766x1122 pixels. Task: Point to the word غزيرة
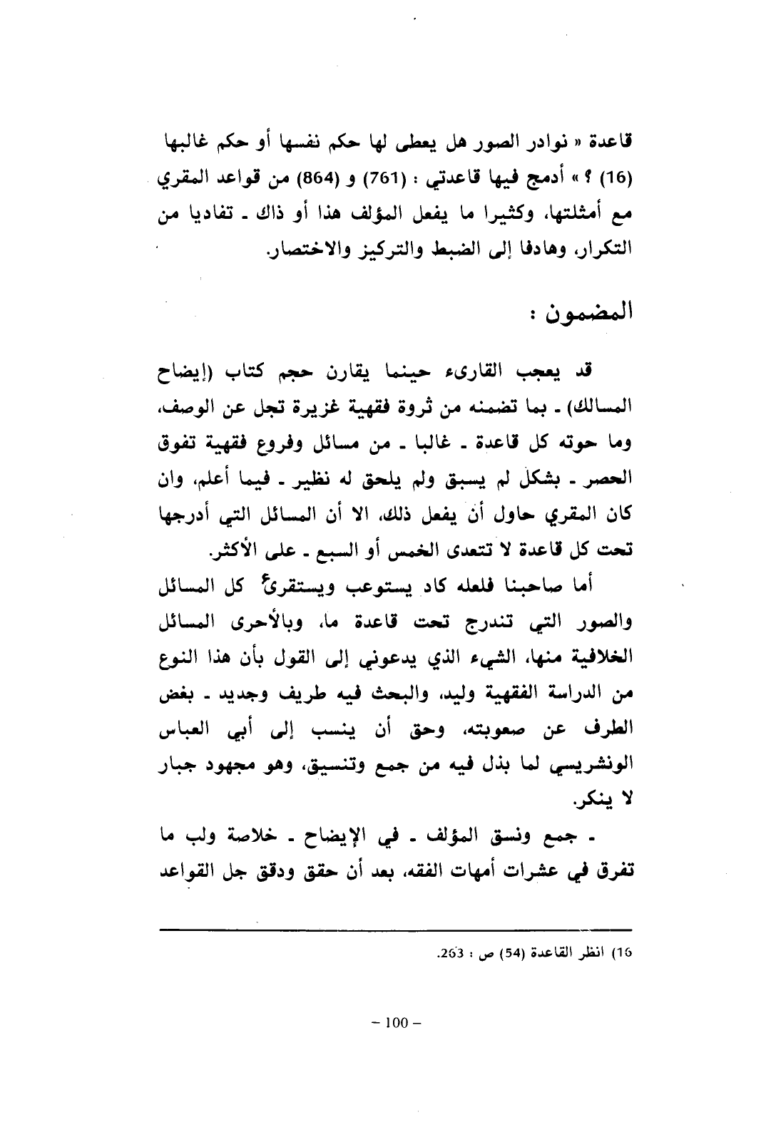point(359,406)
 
